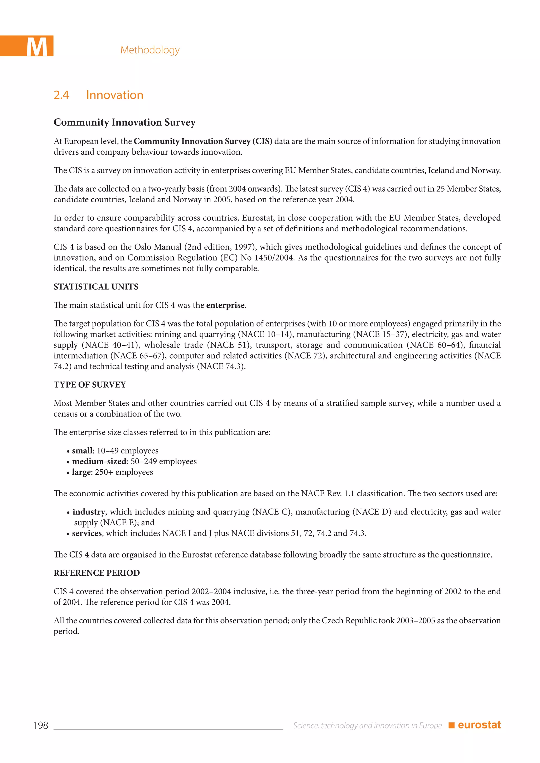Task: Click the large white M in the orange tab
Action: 37,47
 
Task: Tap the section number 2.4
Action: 61,95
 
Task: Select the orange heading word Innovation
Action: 114,95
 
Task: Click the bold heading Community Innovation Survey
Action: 125,122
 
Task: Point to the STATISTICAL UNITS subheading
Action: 96,286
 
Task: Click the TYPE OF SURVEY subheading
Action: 90,384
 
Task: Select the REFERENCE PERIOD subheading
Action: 97,573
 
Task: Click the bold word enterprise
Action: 225,305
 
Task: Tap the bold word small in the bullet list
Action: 82,451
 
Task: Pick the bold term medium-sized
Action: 99,461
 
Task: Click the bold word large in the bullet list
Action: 81,472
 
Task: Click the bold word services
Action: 87,533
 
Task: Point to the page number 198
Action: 41,725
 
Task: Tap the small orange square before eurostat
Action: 451,725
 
